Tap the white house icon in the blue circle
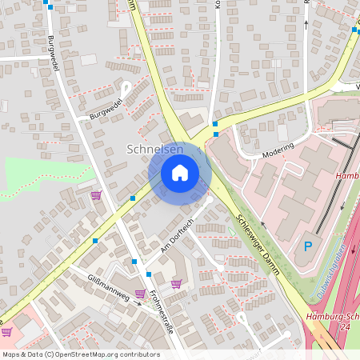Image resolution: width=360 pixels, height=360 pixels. pyautogui.click(x=180, y=172)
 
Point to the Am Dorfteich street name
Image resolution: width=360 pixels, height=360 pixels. pyautogui.click(x=177, y=236)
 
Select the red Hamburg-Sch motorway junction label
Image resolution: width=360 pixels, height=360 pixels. pyautogui.click(x=333, y=317)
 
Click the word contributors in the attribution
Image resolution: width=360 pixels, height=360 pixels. pyautogui.click(x=138, y=354)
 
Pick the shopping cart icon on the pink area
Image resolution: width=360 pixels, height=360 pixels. pyautogui.click(x=6, y=331)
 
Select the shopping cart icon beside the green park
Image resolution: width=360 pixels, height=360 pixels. pyautogui.click(x=96, y=194)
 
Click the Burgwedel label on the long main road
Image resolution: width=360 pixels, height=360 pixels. pyautogui.click(x=54, y=53)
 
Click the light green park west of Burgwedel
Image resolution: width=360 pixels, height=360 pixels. pyautogui.click(x=40, y=172)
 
